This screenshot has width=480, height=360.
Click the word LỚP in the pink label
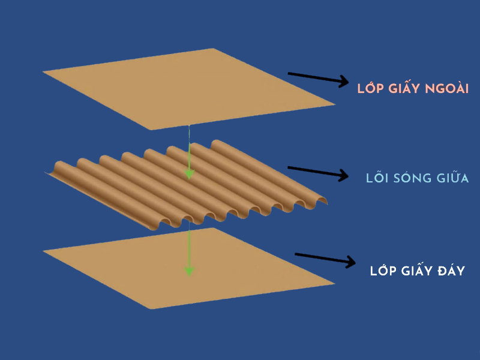(x=370, y=89)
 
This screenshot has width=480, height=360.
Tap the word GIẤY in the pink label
(x=405, y=89)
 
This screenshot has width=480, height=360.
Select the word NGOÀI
(x=448, y=89)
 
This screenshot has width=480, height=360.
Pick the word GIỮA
(x=452, y=179)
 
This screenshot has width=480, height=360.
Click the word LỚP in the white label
(x=383, y=271)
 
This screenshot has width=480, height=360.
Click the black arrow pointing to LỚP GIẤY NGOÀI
(x=318, y=79)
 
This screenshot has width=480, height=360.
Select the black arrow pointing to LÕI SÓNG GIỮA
(x=318, y=172)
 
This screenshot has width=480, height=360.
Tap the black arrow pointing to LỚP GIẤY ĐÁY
(x=324, y=259)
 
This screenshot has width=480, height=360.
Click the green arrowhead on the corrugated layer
(x=189, y=173)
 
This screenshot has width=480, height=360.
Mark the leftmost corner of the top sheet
(x=43, y=73)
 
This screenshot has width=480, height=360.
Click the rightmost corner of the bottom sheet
(x=335, y=283)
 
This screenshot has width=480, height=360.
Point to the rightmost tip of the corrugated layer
(x=328, y=202)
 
